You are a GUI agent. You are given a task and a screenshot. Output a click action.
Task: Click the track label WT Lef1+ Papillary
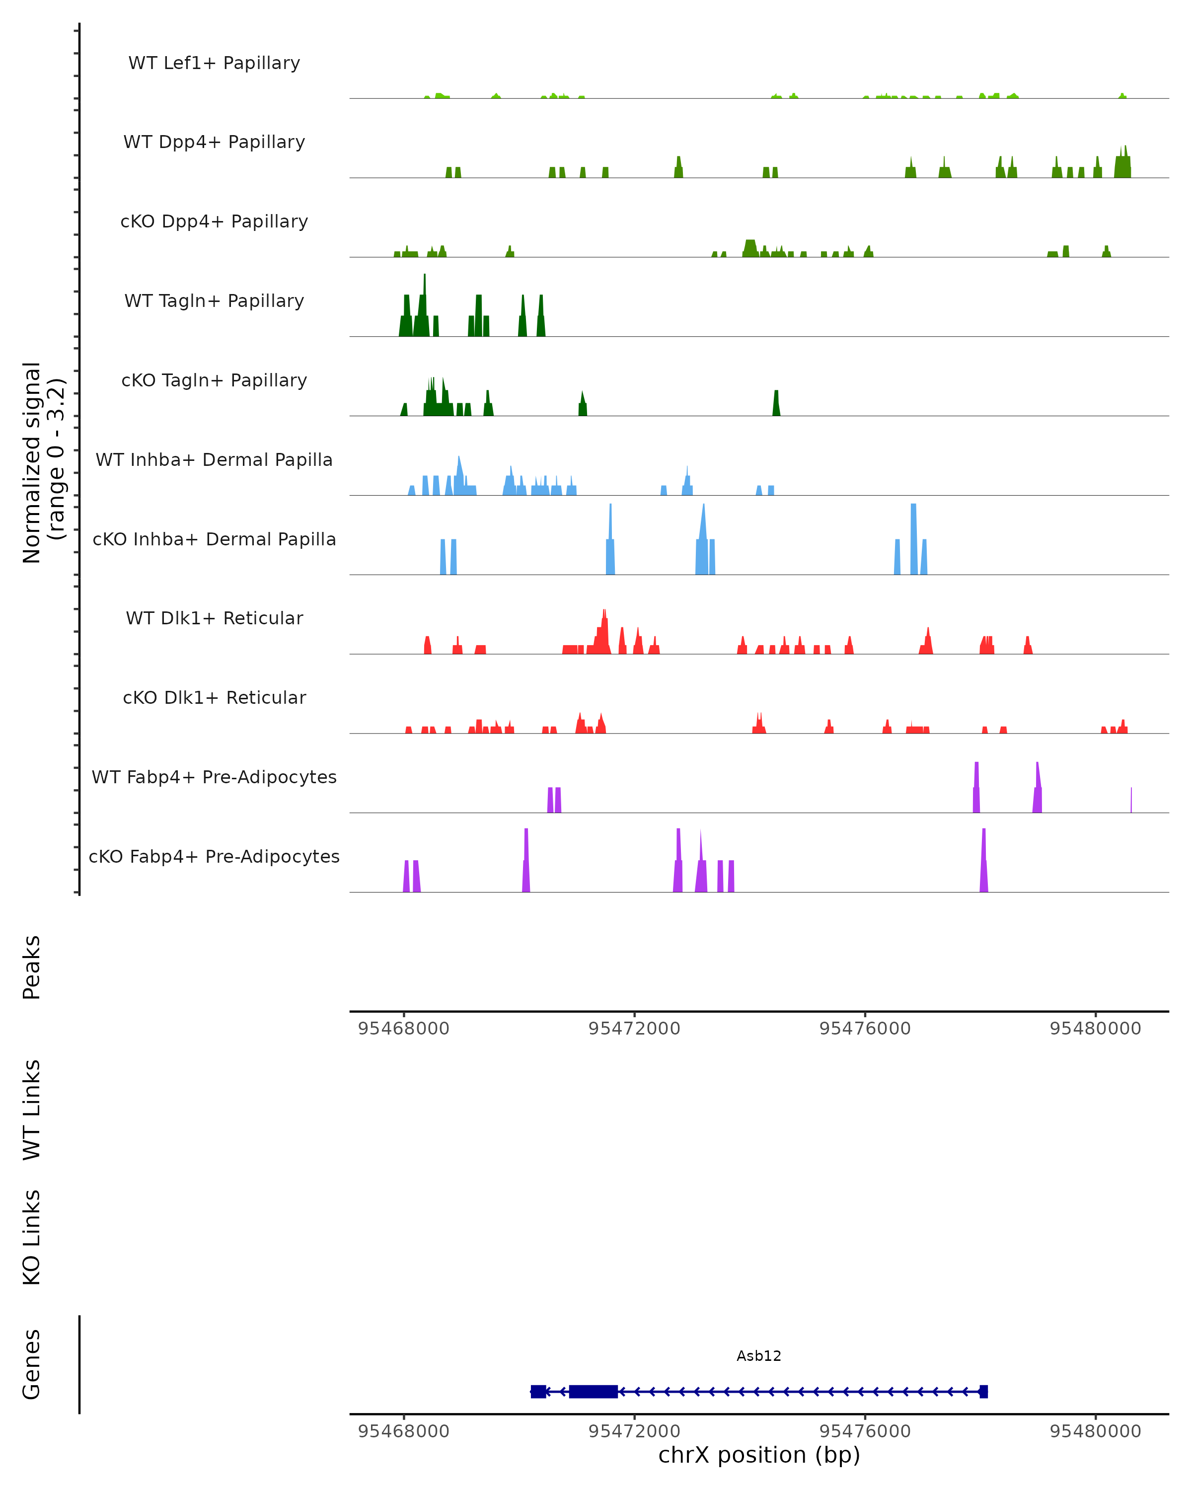pyautogui.click(x=214, y=63)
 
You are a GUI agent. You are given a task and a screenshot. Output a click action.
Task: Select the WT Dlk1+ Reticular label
pyautogui.click(x=214, y=618)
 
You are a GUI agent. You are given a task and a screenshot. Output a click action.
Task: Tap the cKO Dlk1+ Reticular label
pyautogui.click(x=214, y=697)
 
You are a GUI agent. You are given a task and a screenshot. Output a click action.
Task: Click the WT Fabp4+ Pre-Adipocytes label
pyautogui.click(x=214, y=777)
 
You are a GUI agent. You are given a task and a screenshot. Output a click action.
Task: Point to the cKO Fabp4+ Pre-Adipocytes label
pyautogui.click(x=214, y=856)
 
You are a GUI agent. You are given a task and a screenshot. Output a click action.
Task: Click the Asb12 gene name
pyautogui.click(x=759, y=1356)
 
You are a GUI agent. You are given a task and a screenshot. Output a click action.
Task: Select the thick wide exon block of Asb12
pyautogui.click(x=593, y=1391)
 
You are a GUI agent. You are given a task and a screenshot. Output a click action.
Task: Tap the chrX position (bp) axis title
pyautogui.click(x=759, y=1455)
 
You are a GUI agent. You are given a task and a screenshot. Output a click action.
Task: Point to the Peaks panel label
pyautogui.click(x=32, y=967)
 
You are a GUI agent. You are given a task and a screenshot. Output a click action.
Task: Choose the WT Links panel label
pyautogui.click(x=32, y=1109)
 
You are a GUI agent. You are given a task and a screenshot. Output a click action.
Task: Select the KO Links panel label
pyautogui.click(x=32, y=1237)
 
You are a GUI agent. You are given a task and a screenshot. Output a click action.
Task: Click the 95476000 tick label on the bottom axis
pyautogui.click(x=865, y=1431)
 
